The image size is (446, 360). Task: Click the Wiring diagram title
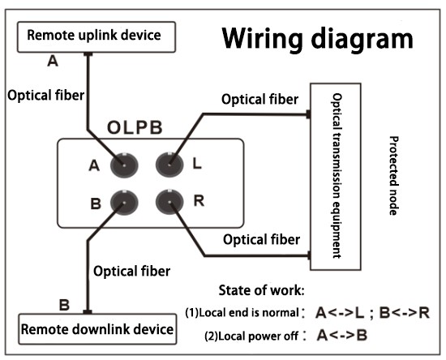pyautogui.click(x=317, y=39)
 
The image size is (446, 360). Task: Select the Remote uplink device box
pyautogui.click(x=96, y=37)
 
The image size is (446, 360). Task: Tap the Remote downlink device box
pyautogui.click(x=97, y=329)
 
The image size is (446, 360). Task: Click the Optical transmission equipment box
pyautogui.click(x=336, y=177)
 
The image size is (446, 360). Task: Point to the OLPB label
pyautogui.click(x=135, y=127)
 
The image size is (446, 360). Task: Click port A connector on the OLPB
pyautogui.click(x=124, y=165)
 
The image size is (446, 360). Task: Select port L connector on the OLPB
pyautogui.click(x=169, y=165)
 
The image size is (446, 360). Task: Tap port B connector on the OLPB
pyautogui.click(x=124, y=203)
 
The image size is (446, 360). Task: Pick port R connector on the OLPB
pyautogui.click(x=169, y=202)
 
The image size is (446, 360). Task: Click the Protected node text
pyautogui.click(x=394, y=176)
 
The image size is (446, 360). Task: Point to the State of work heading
pyautogui.click(x=261, y=290)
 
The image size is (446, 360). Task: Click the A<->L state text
pyautogui.click(x=340, y=313)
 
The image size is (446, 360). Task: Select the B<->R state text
pyautogui.click(x=405, y=313)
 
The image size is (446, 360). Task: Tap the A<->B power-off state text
pyautogui.click(x=342, y=335)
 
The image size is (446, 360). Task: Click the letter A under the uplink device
pyautogui.click(x=53, y=61)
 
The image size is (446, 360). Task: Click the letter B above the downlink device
pyautogui.click(x=64, y=305)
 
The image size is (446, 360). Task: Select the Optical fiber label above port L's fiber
pyautogui.click(x=260, y=100)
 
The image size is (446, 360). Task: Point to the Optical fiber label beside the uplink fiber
pyautogui.click(x=45, y=95)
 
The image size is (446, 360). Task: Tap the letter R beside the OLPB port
pyautogui.click(x=199, y=201)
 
